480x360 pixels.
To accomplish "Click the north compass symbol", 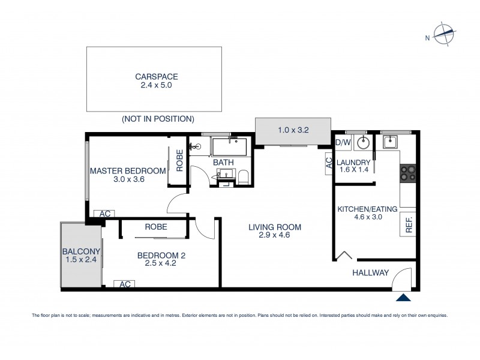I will [x=443, y=35].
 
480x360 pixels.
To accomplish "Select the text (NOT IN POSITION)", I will [x=157, y=119].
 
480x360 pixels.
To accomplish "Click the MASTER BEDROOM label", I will [x=128, y=171].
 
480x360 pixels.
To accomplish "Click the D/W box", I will [x=342, y=142].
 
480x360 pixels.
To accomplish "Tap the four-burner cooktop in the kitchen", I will [x=409, y=173].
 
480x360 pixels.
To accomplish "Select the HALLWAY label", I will [x=371, y=273].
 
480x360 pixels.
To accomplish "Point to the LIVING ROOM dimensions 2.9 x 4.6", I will [x=275, y=236].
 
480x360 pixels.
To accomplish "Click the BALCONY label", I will [x=80, y=251].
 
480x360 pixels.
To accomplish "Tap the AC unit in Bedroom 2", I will [x=126, y=284].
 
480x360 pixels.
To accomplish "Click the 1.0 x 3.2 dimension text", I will [x=293, y=129].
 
